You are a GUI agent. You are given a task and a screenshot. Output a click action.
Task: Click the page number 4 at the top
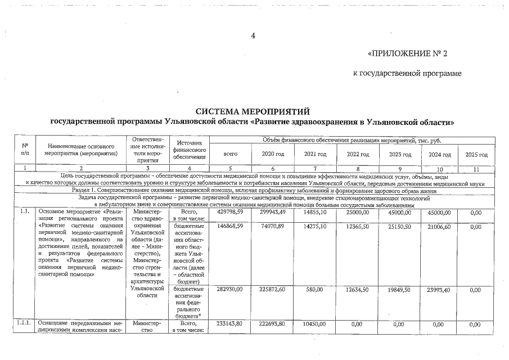coord(253,36)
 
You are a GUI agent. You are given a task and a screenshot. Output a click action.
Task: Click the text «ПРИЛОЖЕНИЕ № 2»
coord(407,54)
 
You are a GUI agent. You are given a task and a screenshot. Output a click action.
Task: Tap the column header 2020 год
coord(272,154)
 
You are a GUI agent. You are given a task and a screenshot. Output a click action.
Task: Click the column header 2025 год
coord(476,154)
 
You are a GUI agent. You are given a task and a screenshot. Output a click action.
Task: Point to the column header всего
coord(230,154)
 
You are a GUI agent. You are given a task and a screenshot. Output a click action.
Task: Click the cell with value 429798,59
coord(230,213)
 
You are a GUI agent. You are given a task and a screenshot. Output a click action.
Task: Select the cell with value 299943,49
coord(272,213)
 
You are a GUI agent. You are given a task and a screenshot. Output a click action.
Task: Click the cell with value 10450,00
coord(315,325)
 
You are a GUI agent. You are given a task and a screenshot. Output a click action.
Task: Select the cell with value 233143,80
coord(230,325)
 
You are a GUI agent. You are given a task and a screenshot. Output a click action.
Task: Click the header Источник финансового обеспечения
coord(189,150)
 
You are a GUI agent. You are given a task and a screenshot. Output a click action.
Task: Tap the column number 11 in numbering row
coord(476,168)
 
